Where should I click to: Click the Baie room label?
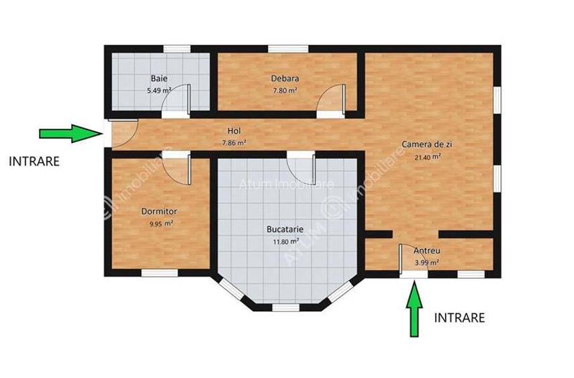[x=159, y=78]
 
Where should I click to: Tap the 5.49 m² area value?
[x=159, y=90]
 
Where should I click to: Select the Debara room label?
[x=285, y=78]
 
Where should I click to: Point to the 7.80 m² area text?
[x=285, y=90]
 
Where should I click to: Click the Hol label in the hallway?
[x=234, y=131]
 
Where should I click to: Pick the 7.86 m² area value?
[x=234, y=142]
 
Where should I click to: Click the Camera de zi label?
[x=421, y=144]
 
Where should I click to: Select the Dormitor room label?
[x=159, y=211]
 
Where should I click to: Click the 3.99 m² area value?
[x=426, y=263]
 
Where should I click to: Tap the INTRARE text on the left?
[x=34, y=161]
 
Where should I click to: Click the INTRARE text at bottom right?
[x=459, y=318]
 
